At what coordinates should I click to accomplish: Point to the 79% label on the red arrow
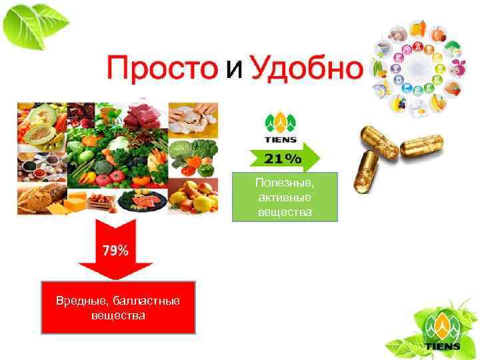115,250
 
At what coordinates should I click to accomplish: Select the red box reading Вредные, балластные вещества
118,307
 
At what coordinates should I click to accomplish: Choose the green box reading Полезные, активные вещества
285,197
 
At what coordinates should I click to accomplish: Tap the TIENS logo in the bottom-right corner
441,329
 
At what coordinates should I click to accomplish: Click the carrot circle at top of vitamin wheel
418,27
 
